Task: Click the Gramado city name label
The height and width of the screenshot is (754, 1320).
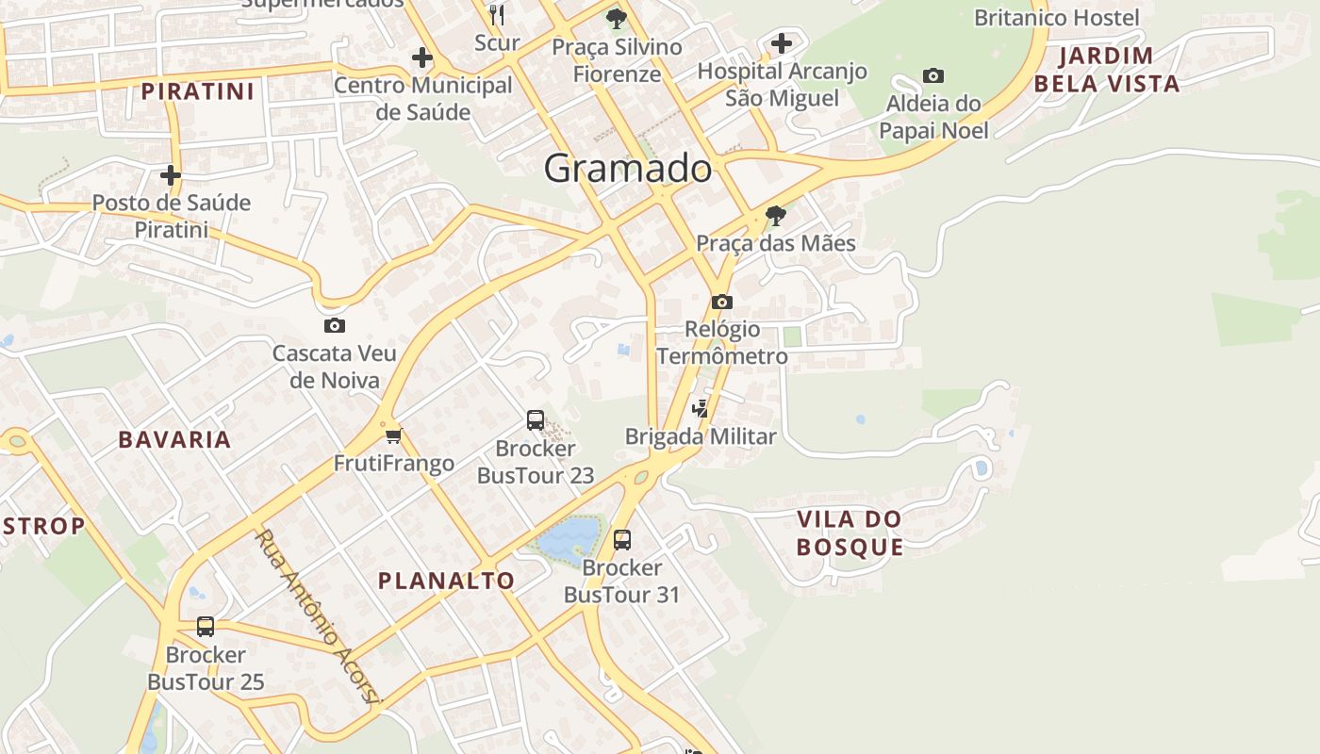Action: [628, 169]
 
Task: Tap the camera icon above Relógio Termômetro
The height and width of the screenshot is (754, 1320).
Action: [722, 302]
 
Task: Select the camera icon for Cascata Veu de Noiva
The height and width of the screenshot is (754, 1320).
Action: [334, 326]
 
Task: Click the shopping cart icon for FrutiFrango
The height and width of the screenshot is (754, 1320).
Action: [394, 435]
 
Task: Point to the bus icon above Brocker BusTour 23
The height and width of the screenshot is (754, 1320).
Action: [536, 420]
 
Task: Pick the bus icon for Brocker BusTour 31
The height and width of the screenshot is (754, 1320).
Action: [622, 540]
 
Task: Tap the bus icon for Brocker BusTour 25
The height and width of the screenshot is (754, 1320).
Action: [206, 627]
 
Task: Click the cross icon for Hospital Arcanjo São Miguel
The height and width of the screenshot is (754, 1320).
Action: [782, 43]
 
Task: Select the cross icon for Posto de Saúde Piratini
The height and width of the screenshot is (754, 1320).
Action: [171, 175]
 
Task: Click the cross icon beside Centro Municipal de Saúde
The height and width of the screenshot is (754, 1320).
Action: [422, 58]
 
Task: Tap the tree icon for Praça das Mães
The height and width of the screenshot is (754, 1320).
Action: [776, 216]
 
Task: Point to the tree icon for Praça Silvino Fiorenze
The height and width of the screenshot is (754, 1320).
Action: [617, 19]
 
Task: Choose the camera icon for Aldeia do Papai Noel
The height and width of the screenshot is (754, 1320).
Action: [933, 76]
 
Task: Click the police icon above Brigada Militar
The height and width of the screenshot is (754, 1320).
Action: [700, 408]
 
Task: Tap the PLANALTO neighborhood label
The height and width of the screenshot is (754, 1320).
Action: [447, 581]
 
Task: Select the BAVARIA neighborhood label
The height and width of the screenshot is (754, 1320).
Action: [174, 439]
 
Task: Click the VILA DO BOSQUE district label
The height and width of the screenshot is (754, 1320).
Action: [850, 533]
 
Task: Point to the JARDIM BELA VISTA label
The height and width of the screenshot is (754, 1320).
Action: [1107, 70]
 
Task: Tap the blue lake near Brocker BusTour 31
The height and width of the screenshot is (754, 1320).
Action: [569, 540]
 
